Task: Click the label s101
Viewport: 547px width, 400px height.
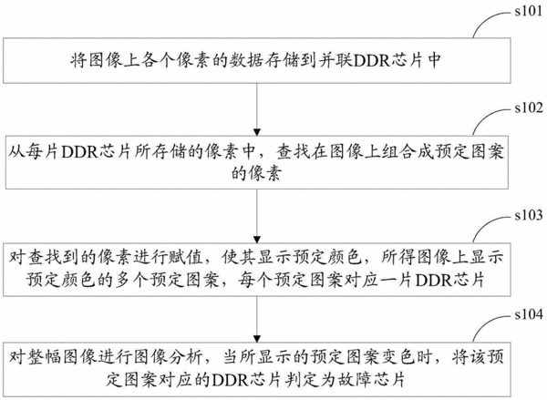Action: pos(529,11)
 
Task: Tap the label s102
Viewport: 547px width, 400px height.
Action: pos(529,108)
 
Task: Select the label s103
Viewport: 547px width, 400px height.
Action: pos(529,215)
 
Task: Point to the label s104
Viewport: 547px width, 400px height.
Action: pos(529,314)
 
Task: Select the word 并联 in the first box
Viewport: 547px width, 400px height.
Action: pos(335,61)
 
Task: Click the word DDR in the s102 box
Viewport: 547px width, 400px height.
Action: pos(79,153)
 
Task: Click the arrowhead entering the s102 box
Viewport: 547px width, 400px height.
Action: pos(257,132)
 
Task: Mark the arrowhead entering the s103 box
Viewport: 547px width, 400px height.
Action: pos(257,240)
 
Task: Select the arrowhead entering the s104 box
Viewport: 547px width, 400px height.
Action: pos(257,339)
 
